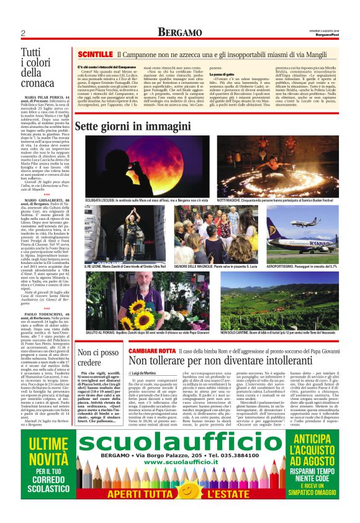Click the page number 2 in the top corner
coord(23,32)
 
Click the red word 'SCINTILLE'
coord(95,56)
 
